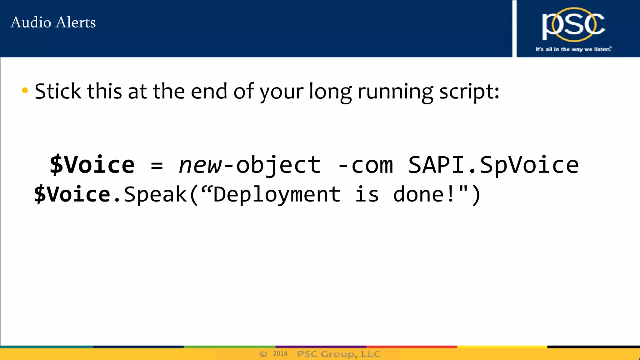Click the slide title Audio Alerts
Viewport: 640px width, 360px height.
[x=53, y=22]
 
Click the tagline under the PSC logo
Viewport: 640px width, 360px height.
[x=573, y=49]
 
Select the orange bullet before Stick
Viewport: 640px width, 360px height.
[x=25, y=91]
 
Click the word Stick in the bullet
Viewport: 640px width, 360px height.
[x=58, y=91]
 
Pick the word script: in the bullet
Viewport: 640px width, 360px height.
[x=469, y=92]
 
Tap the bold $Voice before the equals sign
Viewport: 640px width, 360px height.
[x=92, y=165]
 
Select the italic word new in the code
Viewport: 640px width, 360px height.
[x=200, y=165]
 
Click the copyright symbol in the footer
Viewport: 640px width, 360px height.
[x=263, y=354]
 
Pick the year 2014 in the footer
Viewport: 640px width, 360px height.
[x=280, y=354]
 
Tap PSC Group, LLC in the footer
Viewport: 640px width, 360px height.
[x=339, y=354]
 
